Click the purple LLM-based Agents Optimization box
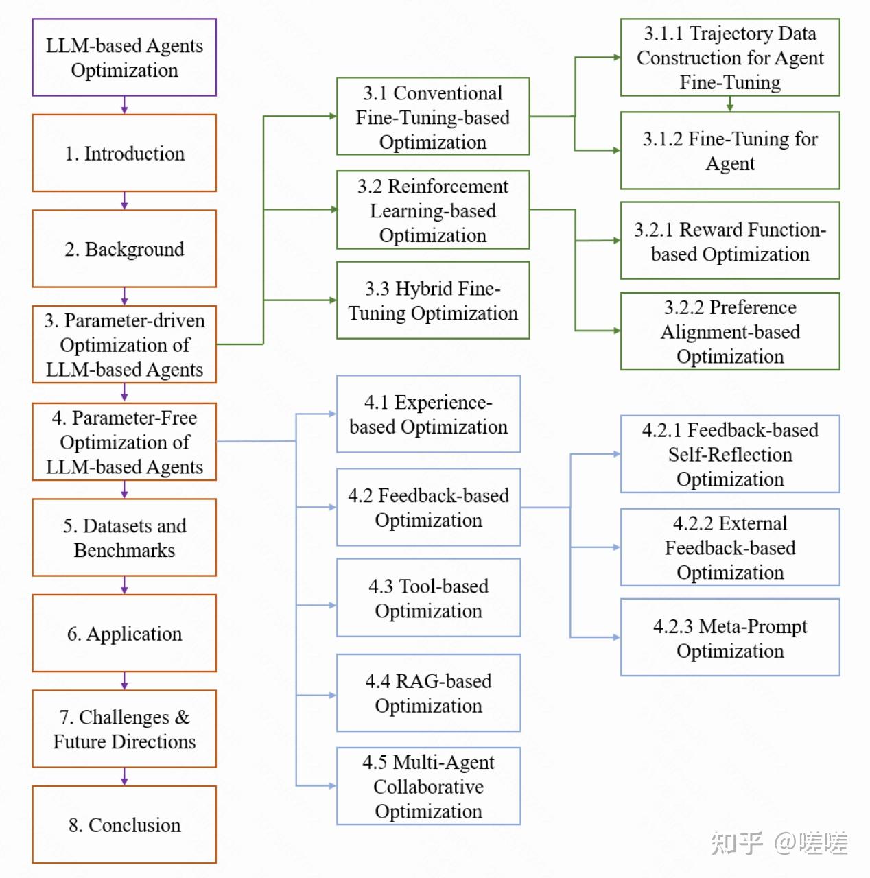124,58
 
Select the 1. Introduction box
124,153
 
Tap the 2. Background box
124,249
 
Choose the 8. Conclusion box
124,824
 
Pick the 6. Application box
124,633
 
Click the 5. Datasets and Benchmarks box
124,538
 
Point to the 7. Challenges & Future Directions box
124,729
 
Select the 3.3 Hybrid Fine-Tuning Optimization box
433,300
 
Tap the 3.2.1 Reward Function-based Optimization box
730,241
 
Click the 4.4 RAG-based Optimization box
429,693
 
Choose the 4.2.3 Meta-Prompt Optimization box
730,638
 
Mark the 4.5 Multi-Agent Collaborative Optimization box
429,786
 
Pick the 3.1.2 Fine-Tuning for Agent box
730,151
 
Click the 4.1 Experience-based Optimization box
429,414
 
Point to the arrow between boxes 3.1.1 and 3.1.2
730,104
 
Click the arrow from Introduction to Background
124,201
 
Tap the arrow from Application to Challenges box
124,681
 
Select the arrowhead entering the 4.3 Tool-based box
332,606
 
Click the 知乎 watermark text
736,843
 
